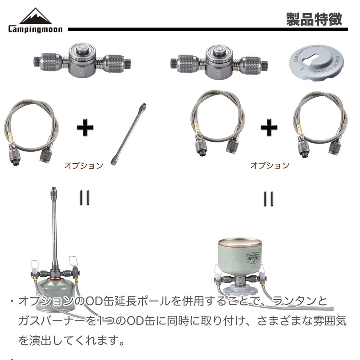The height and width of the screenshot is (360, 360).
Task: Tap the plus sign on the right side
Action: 269,128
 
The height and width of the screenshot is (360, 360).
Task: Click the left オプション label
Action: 84,165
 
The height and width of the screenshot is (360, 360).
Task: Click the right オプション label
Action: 270,165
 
